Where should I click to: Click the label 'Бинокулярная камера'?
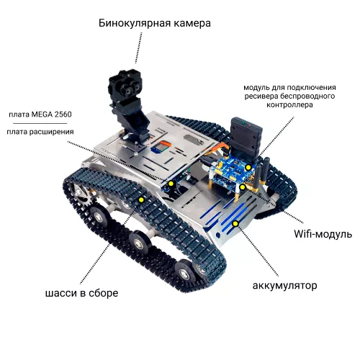155,23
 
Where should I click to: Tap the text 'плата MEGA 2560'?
40,114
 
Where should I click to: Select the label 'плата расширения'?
40,132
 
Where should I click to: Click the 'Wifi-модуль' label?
323,233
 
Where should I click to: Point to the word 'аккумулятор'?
284,286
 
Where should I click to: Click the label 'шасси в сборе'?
81,293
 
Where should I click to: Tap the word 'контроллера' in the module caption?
289,105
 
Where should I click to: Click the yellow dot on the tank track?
141,199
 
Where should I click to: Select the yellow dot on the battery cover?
235,224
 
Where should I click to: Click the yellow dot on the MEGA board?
171,184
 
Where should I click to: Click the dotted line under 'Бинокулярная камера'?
139,48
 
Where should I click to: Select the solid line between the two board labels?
40,123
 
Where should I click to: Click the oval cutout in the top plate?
192,140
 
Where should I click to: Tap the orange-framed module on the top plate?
161,146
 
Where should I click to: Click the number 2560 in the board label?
63,114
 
